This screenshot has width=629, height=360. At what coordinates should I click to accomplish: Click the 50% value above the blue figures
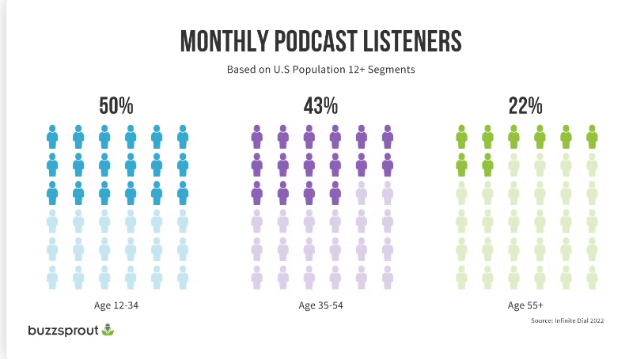coord(117,105)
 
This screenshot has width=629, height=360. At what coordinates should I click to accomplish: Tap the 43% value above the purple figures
coord(320,105)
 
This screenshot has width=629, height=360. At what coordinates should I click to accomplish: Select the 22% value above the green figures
coord(525,105)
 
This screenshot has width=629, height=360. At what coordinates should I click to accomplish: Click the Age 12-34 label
coord(117,305)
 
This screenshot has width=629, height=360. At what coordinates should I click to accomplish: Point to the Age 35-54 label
coord(320,305)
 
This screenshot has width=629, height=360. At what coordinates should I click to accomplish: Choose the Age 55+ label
coord(525,305)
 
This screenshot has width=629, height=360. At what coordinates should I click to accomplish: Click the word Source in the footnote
coord(544,321)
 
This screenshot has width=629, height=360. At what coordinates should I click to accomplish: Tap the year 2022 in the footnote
coord(597,321)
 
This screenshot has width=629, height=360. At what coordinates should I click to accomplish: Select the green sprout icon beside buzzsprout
coord(107,329)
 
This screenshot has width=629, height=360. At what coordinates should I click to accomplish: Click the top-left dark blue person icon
coord(52,137)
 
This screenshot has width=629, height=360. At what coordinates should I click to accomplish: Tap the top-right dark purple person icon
coord(387,137)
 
